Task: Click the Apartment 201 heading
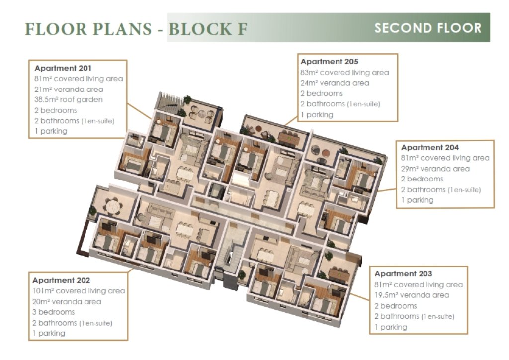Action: (63, 68)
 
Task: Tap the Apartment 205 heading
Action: (329, 61)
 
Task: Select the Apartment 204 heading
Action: (430, 147)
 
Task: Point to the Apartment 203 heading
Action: (403, 273)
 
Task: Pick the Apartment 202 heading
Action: (61, 280)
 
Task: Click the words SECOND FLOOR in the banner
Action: (428, 28)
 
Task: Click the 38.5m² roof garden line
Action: (69, 99)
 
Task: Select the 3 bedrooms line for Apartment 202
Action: (53, 312)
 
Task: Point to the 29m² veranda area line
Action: (435, 169)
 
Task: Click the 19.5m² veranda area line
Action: (412, 295)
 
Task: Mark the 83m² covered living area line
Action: (344, 72)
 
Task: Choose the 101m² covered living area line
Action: (79, 291)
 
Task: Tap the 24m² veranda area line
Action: (335, 83)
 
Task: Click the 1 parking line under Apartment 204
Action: (417, 200)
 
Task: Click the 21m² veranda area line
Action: (69, 90)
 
